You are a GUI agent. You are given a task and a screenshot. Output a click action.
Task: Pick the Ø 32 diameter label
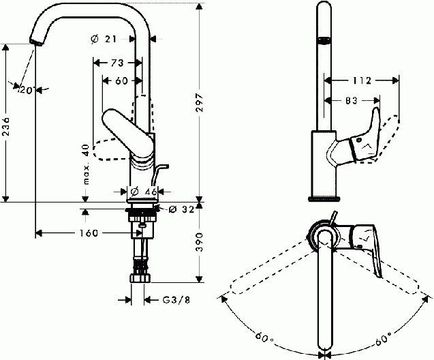click(181, 209)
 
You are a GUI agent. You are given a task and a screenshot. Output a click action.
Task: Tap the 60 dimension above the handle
click(121, 80)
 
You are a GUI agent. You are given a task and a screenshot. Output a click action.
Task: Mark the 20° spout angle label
click(27, 89)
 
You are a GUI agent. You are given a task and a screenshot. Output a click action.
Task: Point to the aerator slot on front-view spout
click(324, 40)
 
